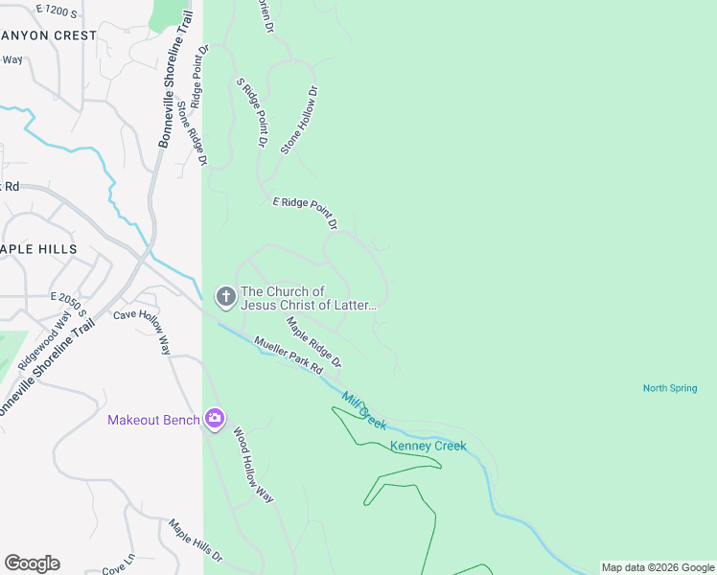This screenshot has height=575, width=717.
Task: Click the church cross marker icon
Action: click(226, 297)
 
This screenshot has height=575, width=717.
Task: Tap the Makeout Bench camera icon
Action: click(214, 419)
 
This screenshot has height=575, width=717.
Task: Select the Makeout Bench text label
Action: click(153, 420)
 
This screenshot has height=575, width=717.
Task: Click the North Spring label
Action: click(669, 388)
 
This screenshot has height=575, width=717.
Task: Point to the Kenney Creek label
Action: click(428, 446)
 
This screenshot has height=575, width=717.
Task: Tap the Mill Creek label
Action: click(363, 410)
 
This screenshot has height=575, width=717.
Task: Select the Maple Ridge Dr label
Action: click(313, 343)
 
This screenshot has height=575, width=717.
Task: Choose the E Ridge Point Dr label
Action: click(306, 213)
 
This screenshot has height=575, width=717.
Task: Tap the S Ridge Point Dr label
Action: click(251, 112)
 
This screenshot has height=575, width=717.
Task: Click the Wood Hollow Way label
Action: click(253, 466)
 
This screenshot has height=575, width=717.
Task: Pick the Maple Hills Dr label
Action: click(196, 541)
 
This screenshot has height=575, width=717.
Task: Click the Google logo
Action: click(32, 563)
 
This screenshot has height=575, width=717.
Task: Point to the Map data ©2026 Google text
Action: click(658, 567)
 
